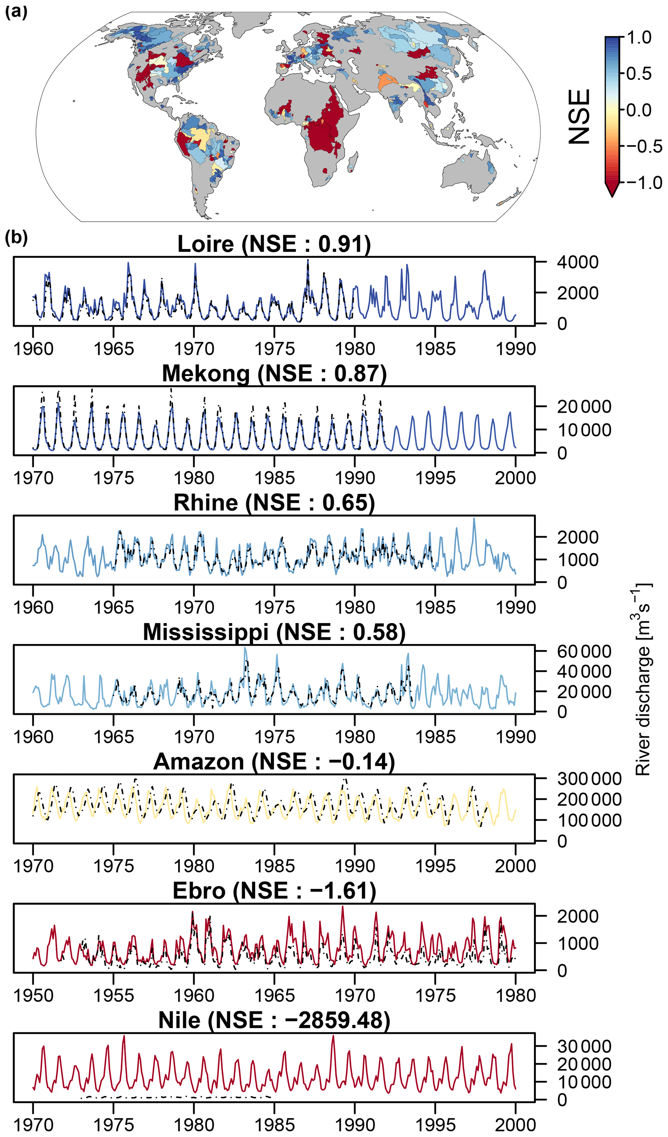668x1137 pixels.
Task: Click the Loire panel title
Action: click(x=274, y=244)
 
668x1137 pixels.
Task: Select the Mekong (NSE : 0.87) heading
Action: click(x=274, y=374)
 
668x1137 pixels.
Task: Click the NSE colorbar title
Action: click(x=579, y=116)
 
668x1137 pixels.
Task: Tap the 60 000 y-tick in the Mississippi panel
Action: click(x=584, y=652)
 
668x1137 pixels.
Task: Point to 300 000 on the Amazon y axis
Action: click(x=589, y=779)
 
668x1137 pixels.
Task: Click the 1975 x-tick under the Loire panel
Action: click(x=274, y=349)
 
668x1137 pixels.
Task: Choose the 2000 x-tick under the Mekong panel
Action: click(x=515, y=478)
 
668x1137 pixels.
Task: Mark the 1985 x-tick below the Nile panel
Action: click(x=274, y=1125)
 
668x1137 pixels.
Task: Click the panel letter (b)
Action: click(x=16, y=237)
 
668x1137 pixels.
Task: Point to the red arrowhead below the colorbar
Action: click(x=612, y=190)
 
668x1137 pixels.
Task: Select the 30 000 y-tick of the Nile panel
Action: click(x=584, y=1046)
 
